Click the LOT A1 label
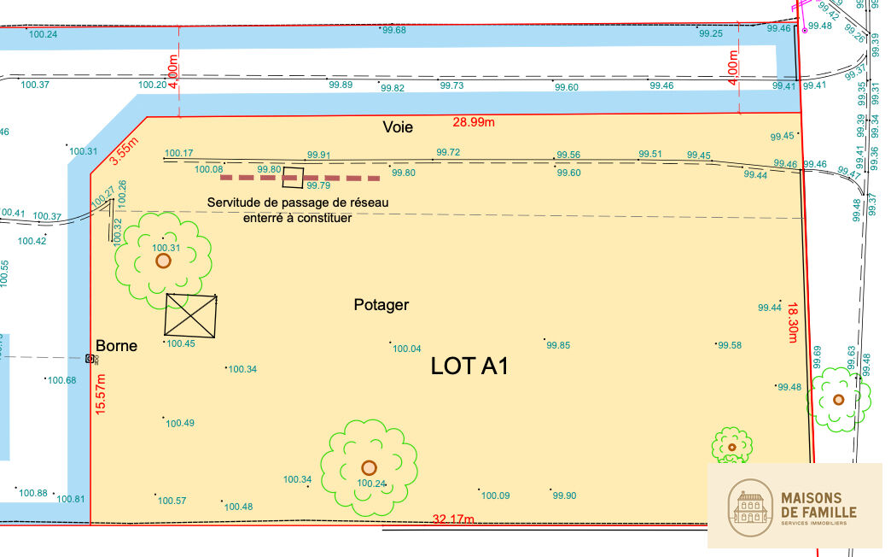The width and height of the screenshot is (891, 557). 469,366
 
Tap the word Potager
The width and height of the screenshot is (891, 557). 381,305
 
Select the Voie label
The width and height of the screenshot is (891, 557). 398,127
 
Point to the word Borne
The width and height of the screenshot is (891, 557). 116,347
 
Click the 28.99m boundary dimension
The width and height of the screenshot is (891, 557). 474,123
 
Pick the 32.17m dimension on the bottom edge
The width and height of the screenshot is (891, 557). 453,519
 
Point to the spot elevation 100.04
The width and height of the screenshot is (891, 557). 406,349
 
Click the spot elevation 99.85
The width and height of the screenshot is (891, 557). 558,345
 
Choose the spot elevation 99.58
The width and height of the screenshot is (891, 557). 730,345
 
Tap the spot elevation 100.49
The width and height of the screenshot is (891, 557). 179,423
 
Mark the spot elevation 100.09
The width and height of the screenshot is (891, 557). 495,495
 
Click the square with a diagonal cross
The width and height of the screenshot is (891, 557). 191,315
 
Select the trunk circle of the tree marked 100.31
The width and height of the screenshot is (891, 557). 163,261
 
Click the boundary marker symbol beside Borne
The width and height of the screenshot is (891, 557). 90,359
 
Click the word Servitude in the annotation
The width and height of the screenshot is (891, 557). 236,202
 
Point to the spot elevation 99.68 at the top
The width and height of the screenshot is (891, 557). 393,31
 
